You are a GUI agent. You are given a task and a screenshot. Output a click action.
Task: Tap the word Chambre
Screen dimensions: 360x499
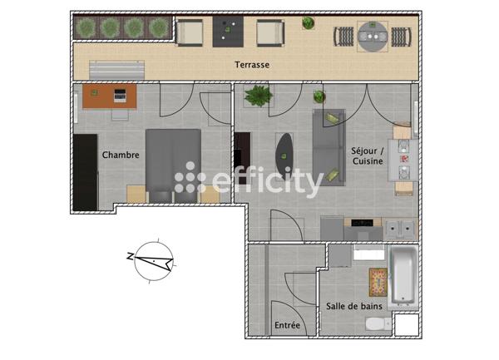[120, 155]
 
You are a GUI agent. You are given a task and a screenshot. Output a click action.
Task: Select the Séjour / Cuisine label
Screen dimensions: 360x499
[367, 156]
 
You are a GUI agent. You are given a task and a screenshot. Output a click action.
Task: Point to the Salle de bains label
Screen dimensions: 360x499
[354, 306]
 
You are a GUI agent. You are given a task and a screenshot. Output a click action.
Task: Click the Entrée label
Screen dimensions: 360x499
[287, 325]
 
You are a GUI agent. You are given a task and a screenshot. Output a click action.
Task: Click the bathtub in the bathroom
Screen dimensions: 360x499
[402, 275]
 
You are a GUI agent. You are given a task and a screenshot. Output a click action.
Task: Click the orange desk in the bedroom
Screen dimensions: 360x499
[110, 97]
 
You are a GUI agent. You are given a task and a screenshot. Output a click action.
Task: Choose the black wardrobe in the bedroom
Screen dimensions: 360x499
[86, 171]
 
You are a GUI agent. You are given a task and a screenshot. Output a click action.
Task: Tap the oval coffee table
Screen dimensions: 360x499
[285, 155]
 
